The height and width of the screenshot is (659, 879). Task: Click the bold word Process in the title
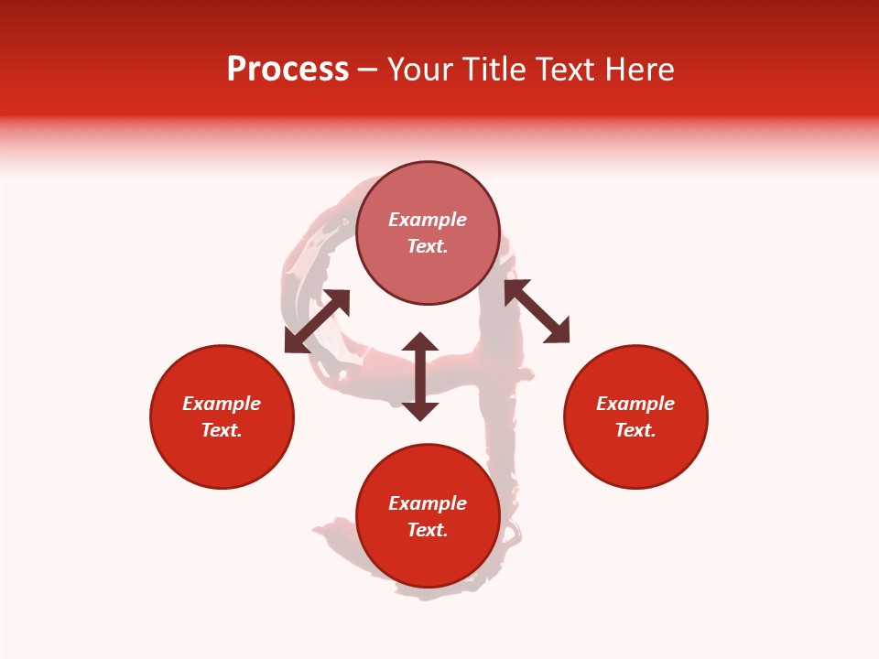point(288,70)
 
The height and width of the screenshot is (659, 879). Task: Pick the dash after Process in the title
point(368,70)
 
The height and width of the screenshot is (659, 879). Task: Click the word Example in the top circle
point(428,220)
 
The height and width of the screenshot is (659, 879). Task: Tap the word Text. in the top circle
point(428,246)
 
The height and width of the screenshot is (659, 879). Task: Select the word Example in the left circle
point(222,404)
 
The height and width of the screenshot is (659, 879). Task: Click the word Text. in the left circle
point(222,430)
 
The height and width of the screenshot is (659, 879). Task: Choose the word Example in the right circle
point(635,404)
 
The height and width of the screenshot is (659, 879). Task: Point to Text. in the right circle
point(635,430)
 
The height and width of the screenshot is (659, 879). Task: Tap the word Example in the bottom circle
point(428,503)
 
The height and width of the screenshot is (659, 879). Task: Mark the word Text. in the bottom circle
point(428,530)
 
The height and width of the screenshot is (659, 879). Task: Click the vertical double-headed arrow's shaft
point(420,376)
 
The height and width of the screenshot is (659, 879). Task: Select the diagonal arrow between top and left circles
point(317,321)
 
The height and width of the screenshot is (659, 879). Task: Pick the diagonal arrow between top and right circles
point(537,311)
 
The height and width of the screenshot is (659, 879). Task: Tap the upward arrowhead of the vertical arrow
point(420,342)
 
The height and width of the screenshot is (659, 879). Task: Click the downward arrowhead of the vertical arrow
point(420,411)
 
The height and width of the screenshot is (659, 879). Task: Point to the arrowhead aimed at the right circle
point(558,331)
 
